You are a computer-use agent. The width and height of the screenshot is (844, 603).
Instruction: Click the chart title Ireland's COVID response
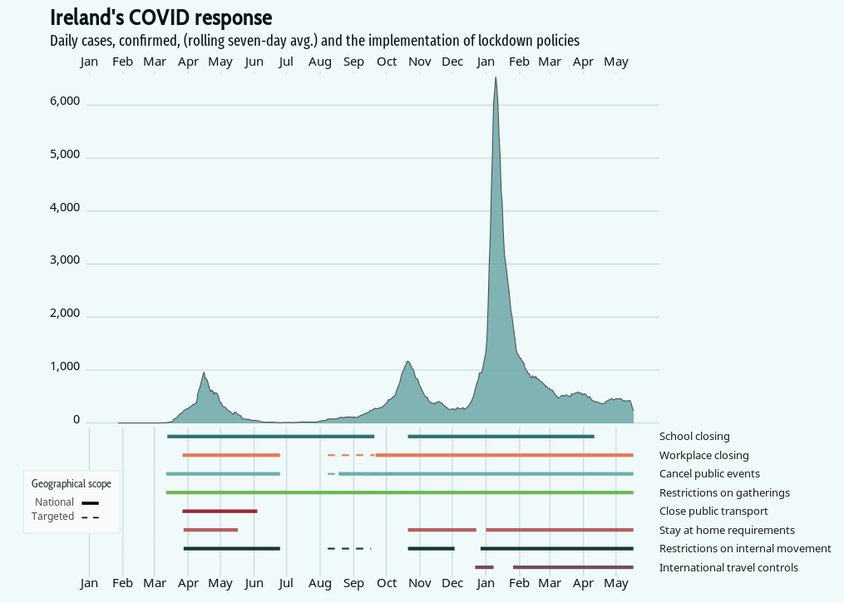tap(161, 17)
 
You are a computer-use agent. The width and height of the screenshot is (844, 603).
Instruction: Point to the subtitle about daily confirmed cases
tap(314, 40)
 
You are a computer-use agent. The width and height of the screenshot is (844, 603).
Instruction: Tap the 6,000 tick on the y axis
tap(65, 101)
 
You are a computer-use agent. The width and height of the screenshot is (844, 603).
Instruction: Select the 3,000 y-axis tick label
tap(65, 260)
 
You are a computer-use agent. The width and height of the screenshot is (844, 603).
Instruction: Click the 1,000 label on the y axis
tap(65, 367)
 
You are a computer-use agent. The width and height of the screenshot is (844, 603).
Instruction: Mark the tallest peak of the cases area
tap(496, 78)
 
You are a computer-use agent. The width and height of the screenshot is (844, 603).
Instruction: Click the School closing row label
tap(694, 436)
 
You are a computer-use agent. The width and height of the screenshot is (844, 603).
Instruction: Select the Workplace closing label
tap(703, 455)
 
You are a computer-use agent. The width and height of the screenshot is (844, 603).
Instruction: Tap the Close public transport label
tap(713, 511)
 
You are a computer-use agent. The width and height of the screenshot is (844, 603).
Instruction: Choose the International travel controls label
tap(728, 567)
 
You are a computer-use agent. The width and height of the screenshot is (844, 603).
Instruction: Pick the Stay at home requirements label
tap(727, 530)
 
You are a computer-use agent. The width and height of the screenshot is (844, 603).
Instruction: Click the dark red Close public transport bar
tap(220, 511)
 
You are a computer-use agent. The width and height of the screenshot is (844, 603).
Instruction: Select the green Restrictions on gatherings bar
tap(399, 492)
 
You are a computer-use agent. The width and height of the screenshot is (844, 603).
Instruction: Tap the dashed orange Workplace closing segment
tap(350, 455)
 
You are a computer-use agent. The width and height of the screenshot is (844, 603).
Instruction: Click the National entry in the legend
tap(55, 502)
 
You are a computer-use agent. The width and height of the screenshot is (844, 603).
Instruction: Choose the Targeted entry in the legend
tap(53, 517)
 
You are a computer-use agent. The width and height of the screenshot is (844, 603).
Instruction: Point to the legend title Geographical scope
tap(71, 483)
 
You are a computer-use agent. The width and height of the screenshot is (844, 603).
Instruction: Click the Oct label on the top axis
tap(387, 62)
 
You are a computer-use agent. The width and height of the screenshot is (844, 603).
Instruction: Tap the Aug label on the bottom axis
tap(320, 583)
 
